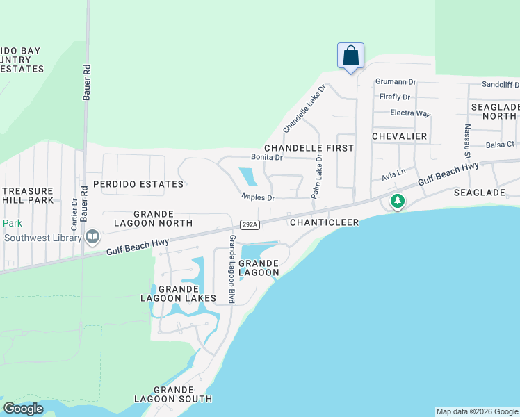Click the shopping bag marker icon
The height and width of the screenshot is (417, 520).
click(350, 56)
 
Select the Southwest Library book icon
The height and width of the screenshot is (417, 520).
click(92, 237)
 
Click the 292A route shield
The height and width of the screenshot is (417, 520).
click(250, 224)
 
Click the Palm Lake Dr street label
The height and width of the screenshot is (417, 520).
click(317, 177)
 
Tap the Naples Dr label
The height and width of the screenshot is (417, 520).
click(258, 198)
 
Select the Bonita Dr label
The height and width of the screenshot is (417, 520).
click(267, 158)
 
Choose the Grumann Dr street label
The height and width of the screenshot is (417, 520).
click(395, 81)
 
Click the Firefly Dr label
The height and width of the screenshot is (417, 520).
click(394, 97)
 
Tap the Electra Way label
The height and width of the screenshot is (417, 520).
click(410, 113)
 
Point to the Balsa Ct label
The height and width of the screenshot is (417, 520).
click(500, 145)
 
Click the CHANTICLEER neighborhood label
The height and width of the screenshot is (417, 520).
click(324, 222)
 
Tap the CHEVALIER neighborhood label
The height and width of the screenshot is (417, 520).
click(399, 136)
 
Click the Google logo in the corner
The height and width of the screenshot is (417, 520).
click(23, 409)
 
